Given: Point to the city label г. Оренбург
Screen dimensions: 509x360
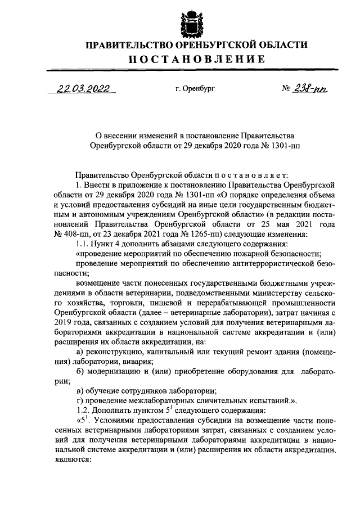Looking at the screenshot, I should coord(195,89).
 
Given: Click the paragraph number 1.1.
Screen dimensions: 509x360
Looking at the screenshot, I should coord(82,244).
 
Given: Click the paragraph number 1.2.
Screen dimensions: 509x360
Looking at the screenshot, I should coord(82,409).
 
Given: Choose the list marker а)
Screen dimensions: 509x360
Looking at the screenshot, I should coord(79,352).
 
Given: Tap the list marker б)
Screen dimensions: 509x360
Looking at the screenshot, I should coord(79,371).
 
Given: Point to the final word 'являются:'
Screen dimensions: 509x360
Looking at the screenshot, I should coord(72,458).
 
